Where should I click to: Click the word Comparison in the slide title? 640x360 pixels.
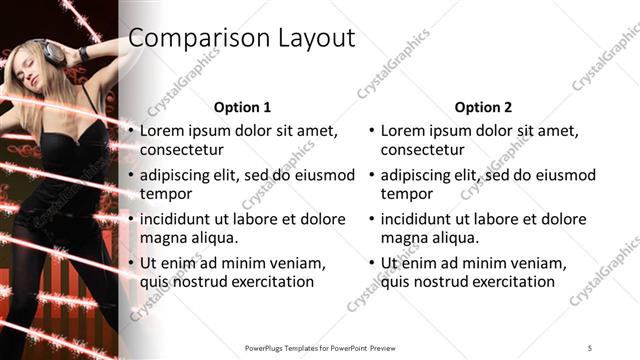(191, 39)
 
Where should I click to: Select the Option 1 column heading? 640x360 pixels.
(243, 106)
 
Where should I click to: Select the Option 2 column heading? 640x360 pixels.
(483, 106)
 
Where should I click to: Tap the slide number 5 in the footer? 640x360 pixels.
(590, 347)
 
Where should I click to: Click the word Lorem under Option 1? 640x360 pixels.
(162, 131)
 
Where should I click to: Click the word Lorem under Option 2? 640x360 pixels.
(403, 131)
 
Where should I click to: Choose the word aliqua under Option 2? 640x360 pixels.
(453, 238)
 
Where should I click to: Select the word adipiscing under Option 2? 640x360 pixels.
(416, 175)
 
